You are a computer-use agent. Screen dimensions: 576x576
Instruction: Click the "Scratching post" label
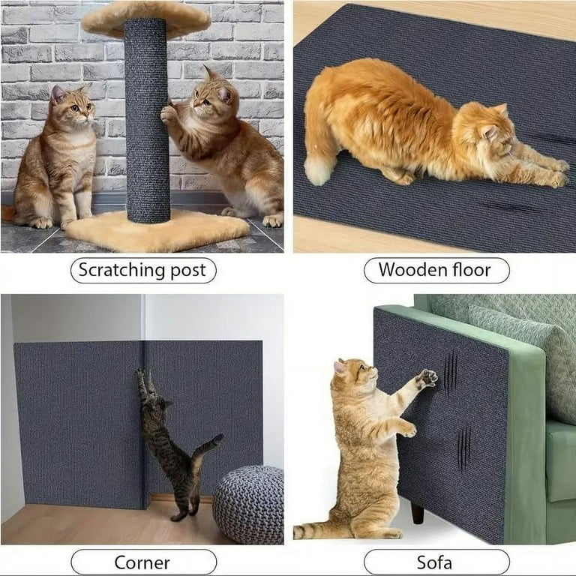pyautogui.click(x=143, y=270)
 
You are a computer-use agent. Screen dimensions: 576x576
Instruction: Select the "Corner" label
pyautogui.click(x=143, y=562)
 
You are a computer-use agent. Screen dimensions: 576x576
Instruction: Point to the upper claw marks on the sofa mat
pyautogui.click(x=450, y=373)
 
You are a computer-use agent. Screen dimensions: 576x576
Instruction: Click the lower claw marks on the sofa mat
pyautogui.click(x=464, y=448)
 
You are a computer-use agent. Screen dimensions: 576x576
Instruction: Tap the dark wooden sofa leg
pyautogui.click(x=417, y=513)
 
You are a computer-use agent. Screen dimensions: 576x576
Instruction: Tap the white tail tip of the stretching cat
pyautogui.click(x=317, y=171)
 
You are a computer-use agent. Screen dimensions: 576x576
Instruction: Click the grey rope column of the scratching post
pyautogui.click(x=147, y=120)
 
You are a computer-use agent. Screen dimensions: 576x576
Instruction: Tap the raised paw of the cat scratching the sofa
pyautogui.click(x=427, y=377)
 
